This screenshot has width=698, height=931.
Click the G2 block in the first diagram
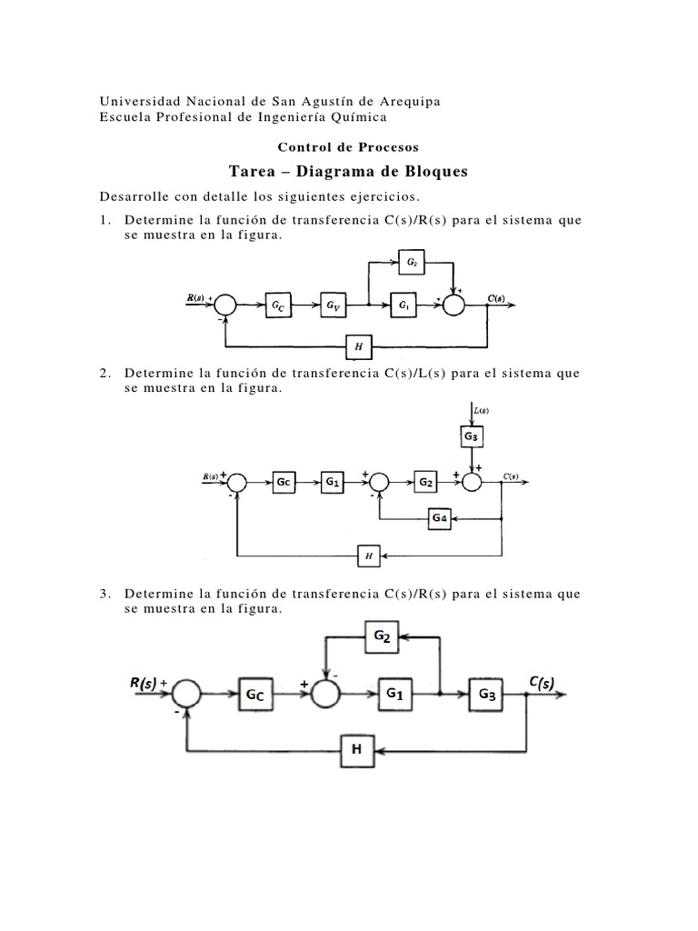(412, 263)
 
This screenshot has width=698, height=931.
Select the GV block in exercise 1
(334, 306)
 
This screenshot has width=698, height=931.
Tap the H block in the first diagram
(359, 345)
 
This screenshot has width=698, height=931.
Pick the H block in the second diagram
(369, 555)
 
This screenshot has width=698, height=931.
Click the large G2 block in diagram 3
(382, 638)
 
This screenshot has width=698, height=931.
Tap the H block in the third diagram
(357, 750)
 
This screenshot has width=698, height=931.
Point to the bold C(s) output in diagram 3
(546, 682)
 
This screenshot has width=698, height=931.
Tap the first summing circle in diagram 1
(224, 306)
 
